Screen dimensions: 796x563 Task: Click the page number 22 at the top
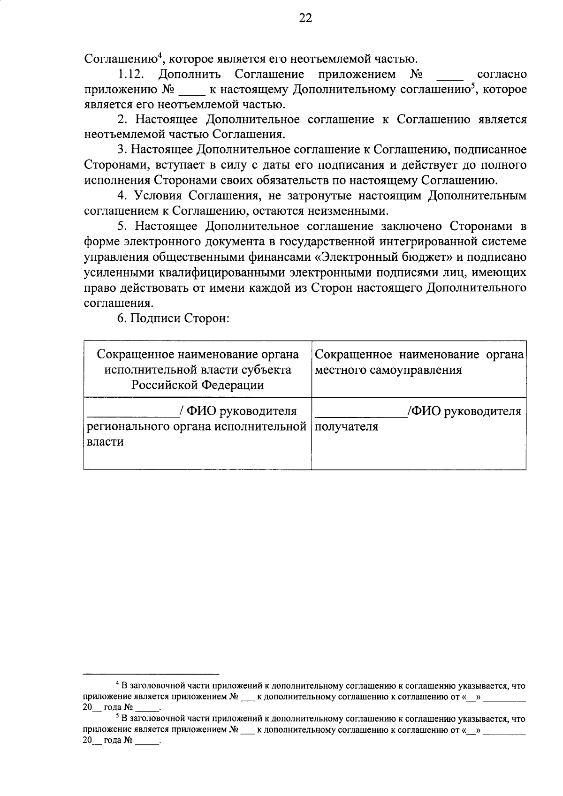pos(305,18)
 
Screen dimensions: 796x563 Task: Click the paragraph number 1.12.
pos(133,74)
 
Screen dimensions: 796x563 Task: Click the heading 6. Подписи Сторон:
pos(173,318)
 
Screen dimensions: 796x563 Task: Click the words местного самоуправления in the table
pos(388,370)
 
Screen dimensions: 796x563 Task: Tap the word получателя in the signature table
pos(346,427)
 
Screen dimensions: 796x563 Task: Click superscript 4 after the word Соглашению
pos(160,56)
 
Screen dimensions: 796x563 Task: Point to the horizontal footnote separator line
pos(151,673)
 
